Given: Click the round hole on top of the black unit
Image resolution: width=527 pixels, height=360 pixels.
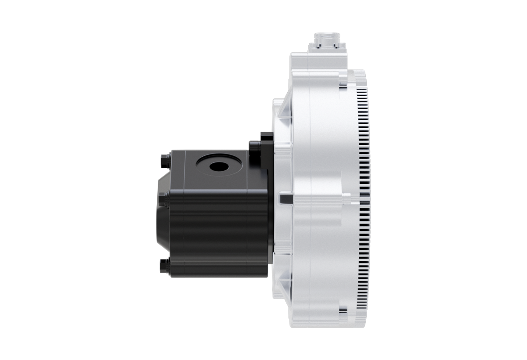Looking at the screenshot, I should pyautogui.click(x=219, y=166).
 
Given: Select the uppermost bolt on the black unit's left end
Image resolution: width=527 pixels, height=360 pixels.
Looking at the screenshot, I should pyautogui.click(x=165, y=157).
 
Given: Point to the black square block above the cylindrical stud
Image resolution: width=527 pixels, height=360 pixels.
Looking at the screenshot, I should pyautogui.click(x=266, y=137).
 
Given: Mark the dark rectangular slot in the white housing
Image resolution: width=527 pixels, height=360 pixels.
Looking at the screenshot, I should pyautogui.click(x=285, y=199).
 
